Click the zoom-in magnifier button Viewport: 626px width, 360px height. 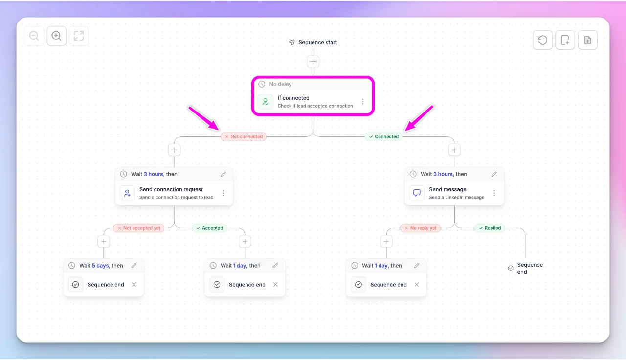click(56, 36)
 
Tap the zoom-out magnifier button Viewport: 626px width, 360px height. click(34, 36)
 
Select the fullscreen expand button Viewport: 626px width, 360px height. click(79, 36)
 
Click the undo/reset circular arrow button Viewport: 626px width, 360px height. click(542, 40)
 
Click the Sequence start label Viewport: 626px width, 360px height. click(318, 42)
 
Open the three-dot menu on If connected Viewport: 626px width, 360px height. click(363, 102)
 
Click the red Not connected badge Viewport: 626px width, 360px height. click(244, 136)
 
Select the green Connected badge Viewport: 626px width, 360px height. click(384, 136)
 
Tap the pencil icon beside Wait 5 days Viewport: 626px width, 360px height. click(134, 266)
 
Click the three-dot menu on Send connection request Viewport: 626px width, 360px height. click(224, 193)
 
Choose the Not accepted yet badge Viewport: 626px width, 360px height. click(139, 228)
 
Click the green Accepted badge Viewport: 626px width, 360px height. click(210, 228)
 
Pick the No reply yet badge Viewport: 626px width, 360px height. click(420, 228)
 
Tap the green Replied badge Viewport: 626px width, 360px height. click(490, 228)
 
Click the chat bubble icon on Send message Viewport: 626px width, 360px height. click(417, 193)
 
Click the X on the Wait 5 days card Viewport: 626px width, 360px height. click(134, 285)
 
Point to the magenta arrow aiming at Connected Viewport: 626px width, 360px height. click(419, 118)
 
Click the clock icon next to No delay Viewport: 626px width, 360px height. click(262, 84)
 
